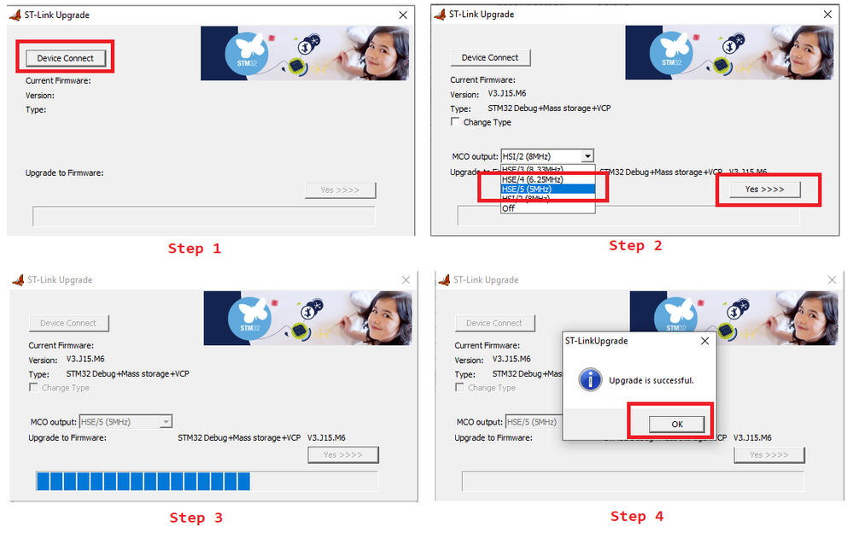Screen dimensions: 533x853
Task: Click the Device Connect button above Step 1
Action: (x=66, y=58)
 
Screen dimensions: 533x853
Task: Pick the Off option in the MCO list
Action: (x=509, y=208)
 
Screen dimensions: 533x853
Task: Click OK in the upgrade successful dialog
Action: (x=676, y=424)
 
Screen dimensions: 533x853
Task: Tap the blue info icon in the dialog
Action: (x=590, y=379)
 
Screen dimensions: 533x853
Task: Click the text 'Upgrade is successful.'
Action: (x=651, y=380)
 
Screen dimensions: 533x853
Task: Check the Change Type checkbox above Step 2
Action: (x=455, y=122)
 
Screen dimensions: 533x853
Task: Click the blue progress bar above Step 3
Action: (x=143, y=481)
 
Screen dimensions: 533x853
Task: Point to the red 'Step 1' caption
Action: (x=194, y=249)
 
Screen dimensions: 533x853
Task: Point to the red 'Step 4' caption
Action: (x=636, y=516)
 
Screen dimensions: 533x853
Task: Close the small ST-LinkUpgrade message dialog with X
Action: (x=704, y=341)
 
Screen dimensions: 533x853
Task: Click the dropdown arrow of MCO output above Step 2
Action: (x=587, y=156)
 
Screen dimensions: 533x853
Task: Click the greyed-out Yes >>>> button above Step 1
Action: (x=340, y=190)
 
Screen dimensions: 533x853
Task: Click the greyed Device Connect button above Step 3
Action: (x=68, y=323)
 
